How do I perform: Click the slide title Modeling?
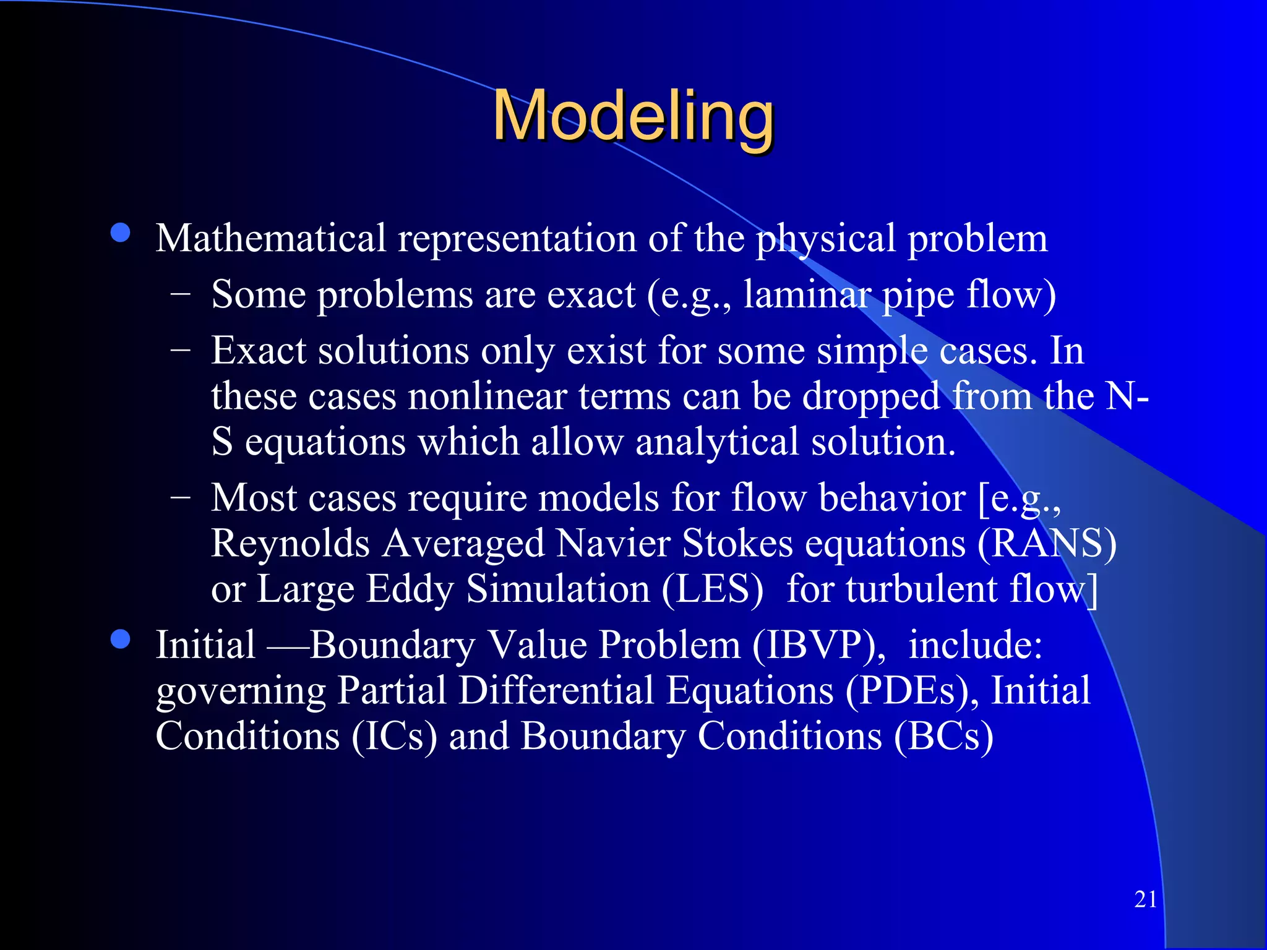point(633,116)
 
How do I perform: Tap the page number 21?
point(1146,899)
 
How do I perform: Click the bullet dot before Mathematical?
point(120,233)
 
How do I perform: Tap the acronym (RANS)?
point(1047,544)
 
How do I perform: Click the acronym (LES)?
point(712,589)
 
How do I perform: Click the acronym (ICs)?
point(395,737)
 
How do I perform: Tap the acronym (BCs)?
point(943,737)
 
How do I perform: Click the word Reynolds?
point(290,544)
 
